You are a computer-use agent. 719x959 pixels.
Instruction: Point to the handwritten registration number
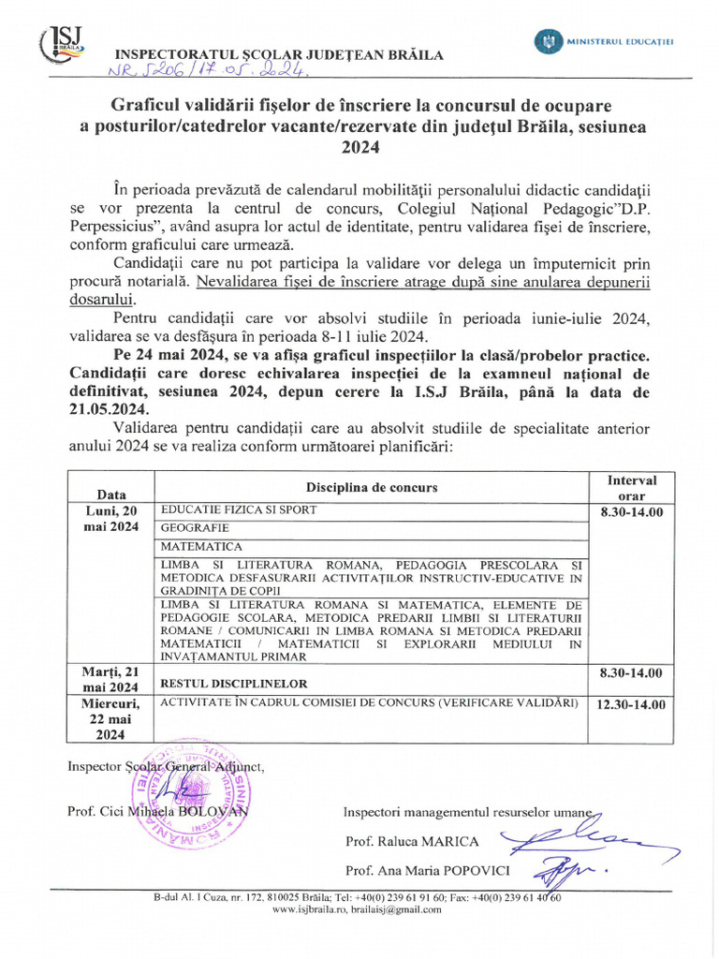pos(188,72)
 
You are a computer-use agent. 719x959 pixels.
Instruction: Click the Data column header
pos(111,494)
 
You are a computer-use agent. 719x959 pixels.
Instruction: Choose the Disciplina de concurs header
pos(371,487)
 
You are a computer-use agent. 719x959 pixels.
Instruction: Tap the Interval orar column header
pos(631,487)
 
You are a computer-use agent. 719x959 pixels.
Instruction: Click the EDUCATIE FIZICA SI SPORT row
pos(239,510)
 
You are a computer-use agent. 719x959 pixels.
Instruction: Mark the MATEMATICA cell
pos(201,547)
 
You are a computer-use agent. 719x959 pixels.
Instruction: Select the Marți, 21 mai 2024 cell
pos(111,680)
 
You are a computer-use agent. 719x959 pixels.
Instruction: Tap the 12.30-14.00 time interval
pos(631,704)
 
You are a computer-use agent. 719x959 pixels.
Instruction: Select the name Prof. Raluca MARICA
pos(412,841)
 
